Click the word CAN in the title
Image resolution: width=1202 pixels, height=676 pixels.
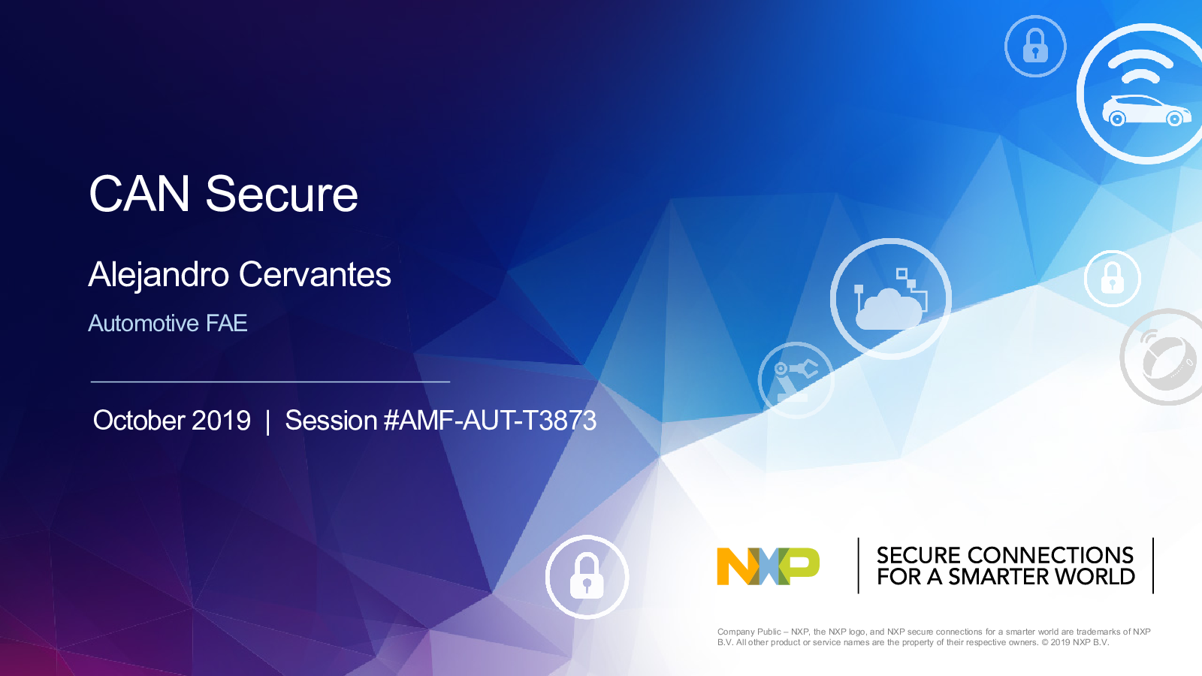[x=139, y=194]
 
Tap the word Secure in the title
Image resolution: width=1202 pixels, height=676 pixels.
[x=282, y=194]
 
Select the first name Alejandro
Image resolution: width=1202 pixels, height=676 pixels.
[x=159, y=276]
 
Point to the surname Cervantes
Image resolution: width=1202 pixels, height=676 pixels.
[x=315, y=275]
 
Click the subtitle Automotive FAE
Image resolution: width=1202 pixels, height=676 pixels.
[x=168, y=323]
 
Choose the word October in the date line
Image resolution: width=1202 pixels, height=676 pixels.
[x=139, y=420]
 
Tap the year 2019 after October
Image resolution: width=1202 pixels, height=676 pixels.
[x=221, y=420]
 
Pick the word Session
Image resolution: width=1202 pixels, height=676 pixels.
[x=331, y=420]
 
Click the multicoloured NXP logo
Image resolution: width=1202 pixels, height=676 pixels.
[x=768, y=566]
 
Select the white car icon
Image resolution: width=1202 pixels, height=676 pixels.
[x=1146, y=110]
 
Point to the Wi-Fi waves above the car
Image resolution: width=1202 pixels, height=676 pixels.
[x=1140, y=68]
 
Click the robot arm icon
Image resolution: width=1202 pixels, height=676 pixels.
[x=796, y=382]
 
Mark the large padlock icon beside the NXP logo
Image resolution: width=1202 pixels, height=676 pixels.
[x=587, y=575]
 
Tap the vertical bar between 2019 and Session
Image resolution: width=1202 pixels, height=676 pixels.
[x=267, y=421]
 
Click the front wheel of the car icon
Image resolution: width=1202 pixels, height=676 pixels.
[x=1174, y=119]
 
